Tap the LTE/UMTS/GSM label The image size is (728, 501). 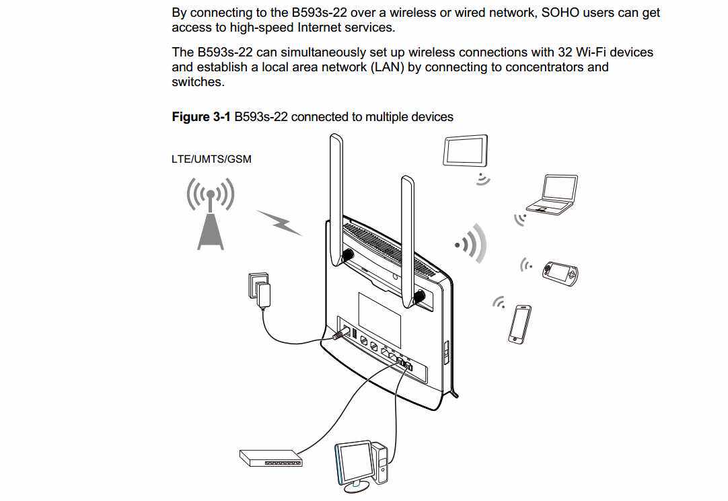pyautogui.click(x=211, y=159)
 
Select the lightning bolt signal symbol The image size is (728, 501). pyautogui.click(x=279, y=223)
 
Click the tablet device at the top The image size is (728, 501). pyautogui.click(x=466, y=151)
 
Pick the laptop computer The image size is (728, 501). pyautogui.click(x=552, y=196)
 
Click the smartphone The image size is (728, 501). pyautogui.click(x=520, y=324)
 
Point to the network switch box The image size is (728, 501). pyautogui.click(x=271, y=458)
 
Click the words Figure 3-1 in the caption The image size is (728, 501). pyautogui.click(x=201, y=117)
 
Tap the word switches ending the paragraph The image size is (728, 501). pyautogui.click(x=196, y=82)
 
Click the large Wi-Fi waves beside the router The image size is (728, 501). pyautogui.click(x=472, y=243)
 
